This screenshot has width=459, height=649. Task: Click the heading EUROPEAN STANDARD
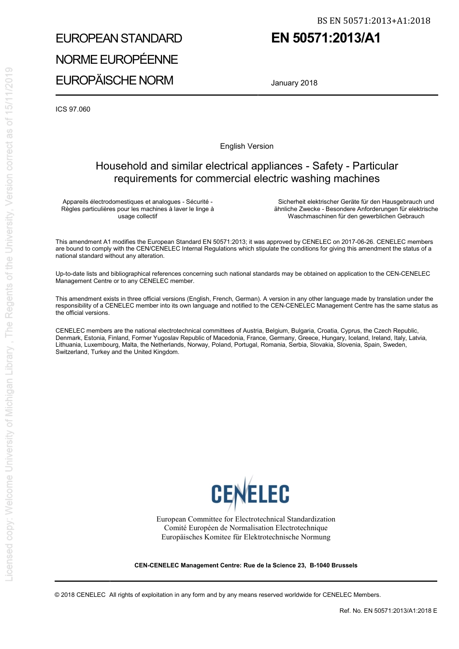pos(119,39)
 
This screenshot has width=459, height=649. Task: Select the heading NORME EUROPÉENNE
pos(116,59)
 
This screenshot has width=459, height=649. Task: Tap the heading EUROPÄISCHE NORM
pos(114,80)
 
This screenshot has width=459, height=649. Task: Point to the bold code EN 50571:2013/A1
pos(326,38)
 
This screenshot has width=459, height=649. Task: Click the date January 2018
pos(294,83)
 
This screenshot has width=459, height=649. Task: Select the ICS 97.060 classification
pos(73,109)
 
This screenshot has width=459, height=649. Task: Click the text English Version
pos(246,146)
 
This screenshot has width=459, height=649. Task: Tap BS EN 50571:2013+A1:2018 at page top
pos(373,20)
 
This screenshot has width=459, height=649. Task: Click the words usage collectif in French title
pos(138,216)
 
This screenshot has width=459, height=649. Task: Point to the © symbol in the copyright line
pos(57,595)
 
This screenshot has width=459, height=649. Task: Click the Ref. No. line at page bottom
pos(388,611)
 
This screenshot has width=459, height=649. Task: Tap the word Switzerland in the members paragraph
pos(72,352)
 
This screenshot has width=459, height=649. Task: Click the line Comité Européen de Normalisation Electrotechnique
pos(245,528)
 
